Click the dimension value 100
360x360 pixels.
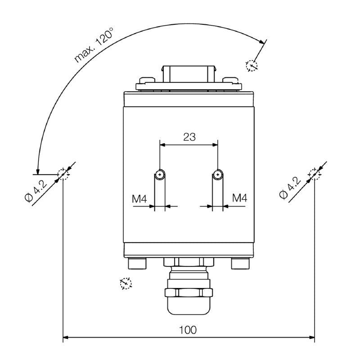coord(188,330)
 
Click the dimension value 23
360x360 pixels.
coord(189,137)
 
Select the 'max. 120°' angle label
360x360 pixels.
coord(94,45)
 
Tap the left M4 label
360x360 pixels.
coord(139,199)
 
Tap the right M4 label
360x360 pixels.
coord(240,198)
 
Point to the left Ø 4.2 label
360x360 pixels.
coord(36,191)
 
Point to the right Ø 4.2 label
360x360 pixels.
coord(290,188)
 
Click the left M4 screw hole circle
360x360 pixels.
coord(160,175)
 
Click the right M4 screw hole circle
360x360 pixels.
coord(217,175)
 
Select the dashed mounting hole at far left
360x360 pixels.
coord(63,174)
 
